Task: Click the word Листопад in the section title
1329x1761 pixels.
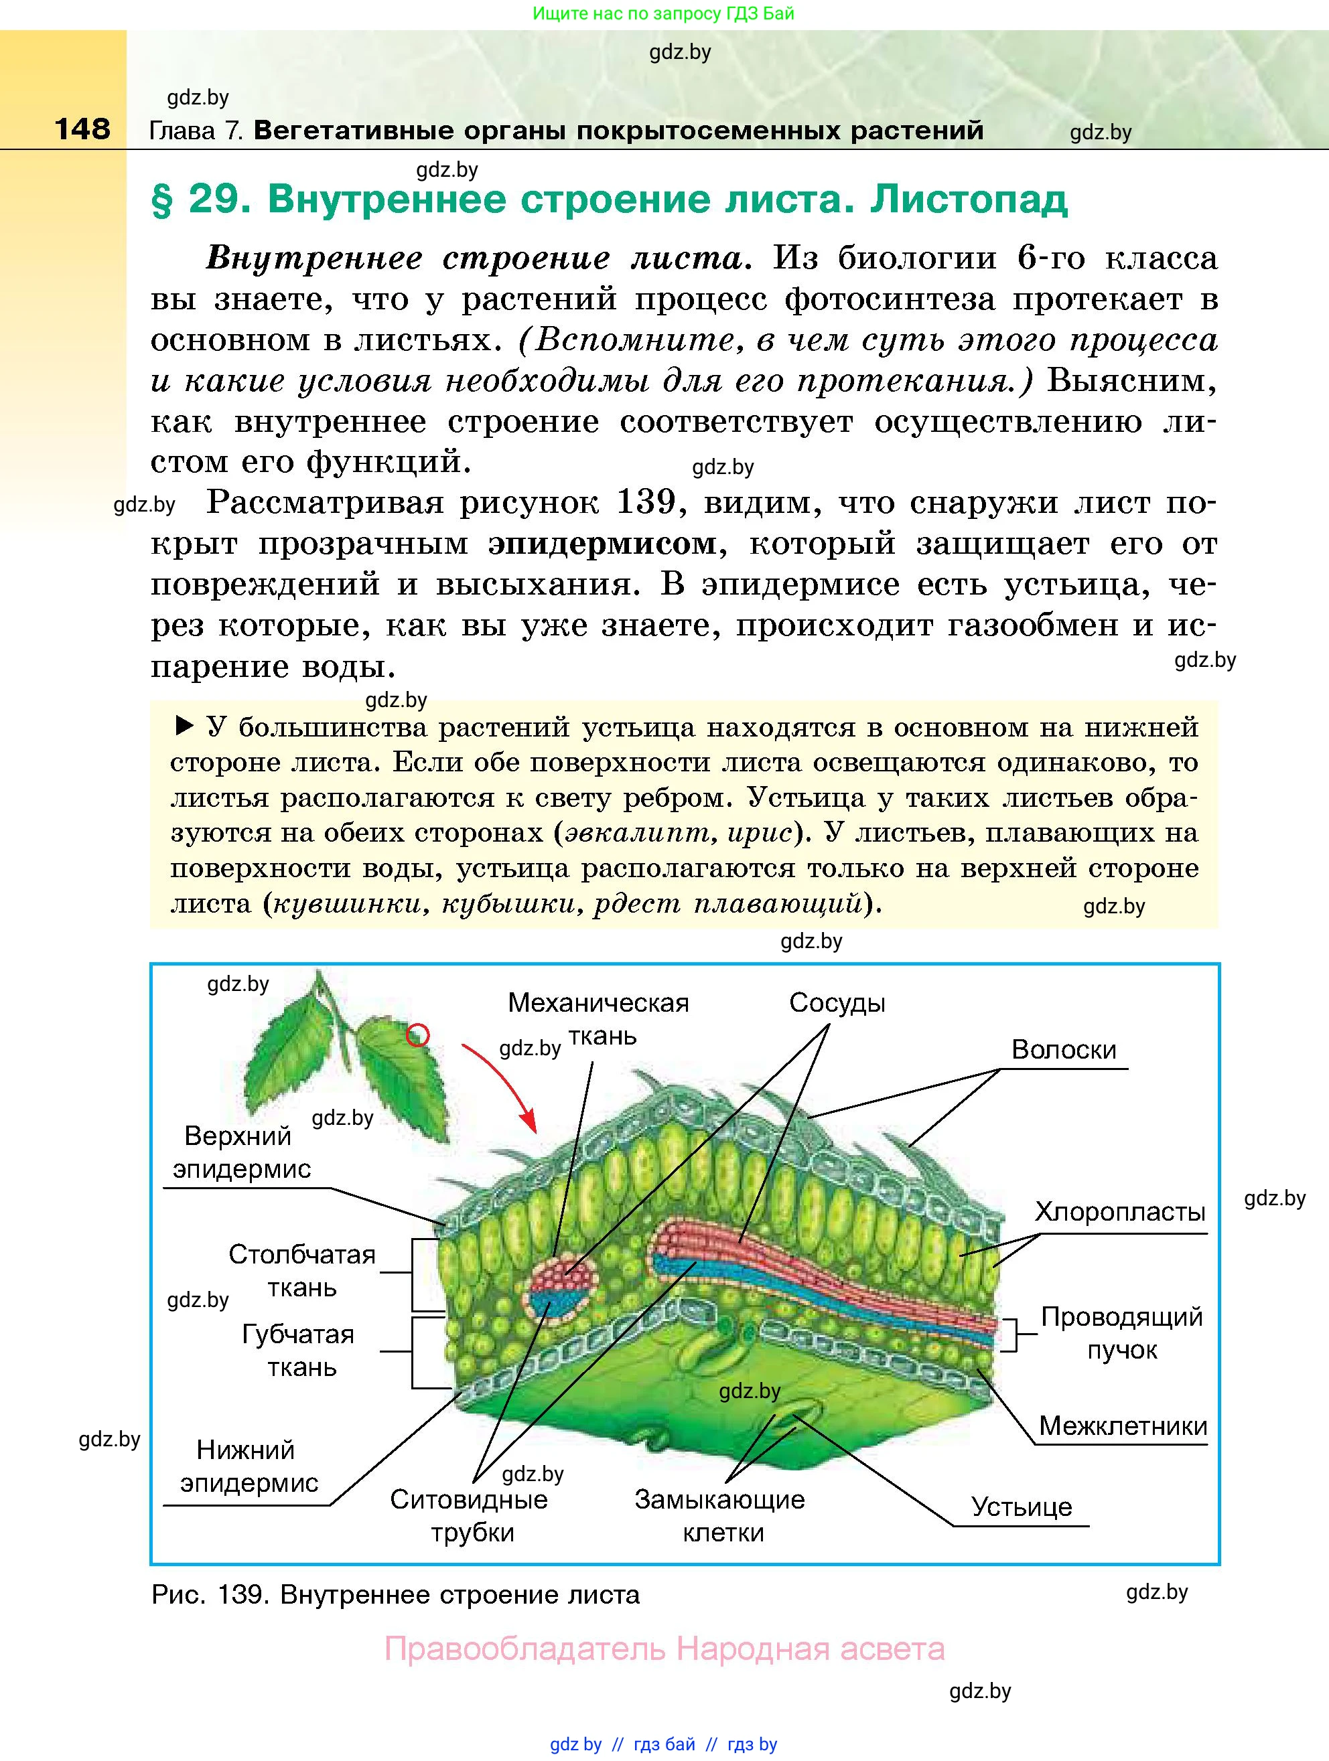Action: (x=969, y=199)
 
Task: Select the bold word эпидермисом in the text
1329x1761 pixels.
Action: (x=602, y=544)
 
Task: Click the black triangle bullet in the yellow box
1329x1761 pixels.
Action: (x=184, y=725)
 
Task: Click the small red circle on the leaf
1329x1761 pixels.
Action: (x=418, y=1035)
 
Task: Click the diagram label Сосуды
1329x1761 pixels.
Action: (x=837, y=1002)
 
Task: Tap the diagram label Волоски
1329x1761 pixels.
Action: (x=1064, y=1049)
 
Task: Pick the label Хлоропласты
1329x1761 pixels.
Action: (x=1119, y=1212)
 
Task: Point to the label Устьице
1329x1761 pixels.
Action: (x=1022, y=1507)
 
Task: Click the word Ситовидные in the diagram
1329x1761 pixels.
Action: (x=469, y=1499)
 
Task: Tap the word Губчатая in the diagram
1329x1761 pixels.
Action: (x=298, y=1334)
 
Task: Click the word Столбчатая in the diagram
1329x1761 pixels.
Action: (x=302, y=1254)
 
